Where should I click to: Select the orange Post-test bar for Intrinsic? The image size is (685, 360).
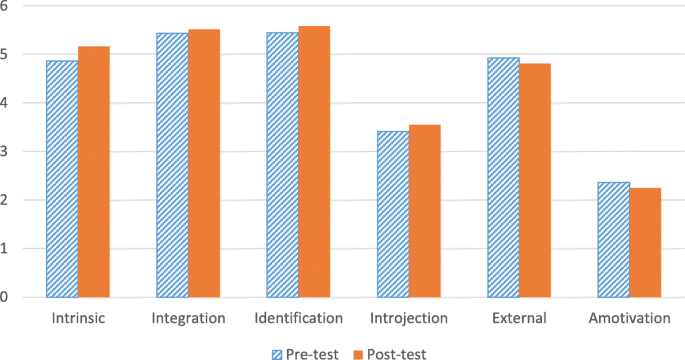94,172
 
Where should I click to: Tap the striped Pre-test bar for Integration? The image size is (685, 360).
172,165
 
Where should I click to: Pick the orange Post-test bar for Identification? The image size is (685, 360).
314,162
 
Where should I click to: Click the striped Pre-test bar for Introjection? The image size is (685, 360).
394,214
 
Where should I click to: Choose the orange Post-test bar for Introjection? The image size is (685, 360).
425,211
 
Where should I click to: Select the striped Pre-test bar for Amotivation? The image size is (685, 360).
614,240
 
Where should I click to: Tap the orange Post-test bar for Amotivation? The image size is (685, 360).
645,243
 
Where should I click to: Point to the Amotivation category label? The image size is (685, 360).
629,317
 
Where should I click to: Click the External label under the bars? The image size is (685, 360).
519,317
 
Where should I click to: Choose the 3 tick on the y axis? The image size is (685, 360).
7,152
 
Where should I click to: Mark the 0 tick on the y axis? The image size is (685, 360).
7,297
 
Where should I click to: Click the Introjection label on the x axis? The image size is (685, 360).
409,317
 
